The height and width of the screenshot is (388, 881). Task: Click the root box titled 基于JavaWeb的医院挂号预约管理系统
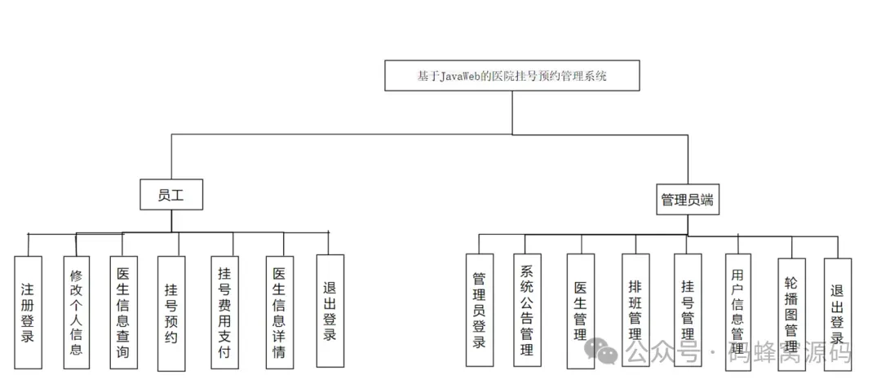click(512, 76)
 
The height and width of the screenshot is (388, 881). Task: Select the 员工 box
click(170, 195)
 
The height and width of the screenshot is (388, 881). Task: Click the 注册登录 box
click(28, 312)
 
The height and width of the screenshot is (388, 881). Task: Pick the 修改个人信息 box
click(76, 312)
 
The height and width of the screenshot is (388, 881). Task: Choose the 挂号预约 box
click(171, 312)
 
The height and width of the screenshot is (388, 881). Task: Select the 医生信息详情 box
click(279, 312)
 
